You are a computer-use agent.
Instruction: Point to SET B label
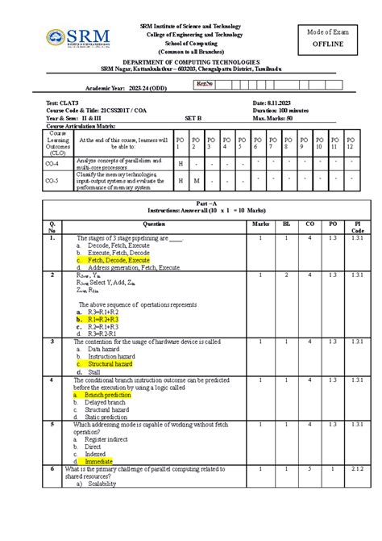[193, 118]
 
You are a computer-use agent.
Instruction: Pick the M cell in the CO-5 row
[196, 181]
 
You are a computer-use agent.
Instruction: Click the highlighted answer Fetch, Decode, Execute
[118, 261]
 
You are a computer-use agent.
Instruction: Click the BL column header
[285, 223]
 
